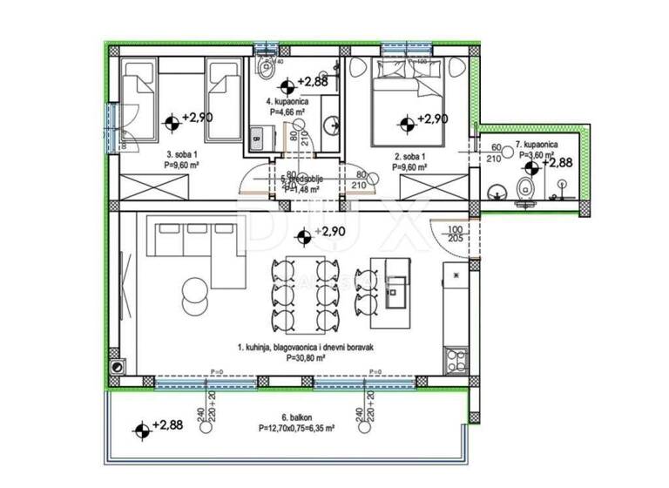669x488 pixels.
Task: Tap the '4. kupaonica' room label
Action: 285,101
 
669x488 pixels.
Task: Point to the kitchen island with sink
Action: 388,291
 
